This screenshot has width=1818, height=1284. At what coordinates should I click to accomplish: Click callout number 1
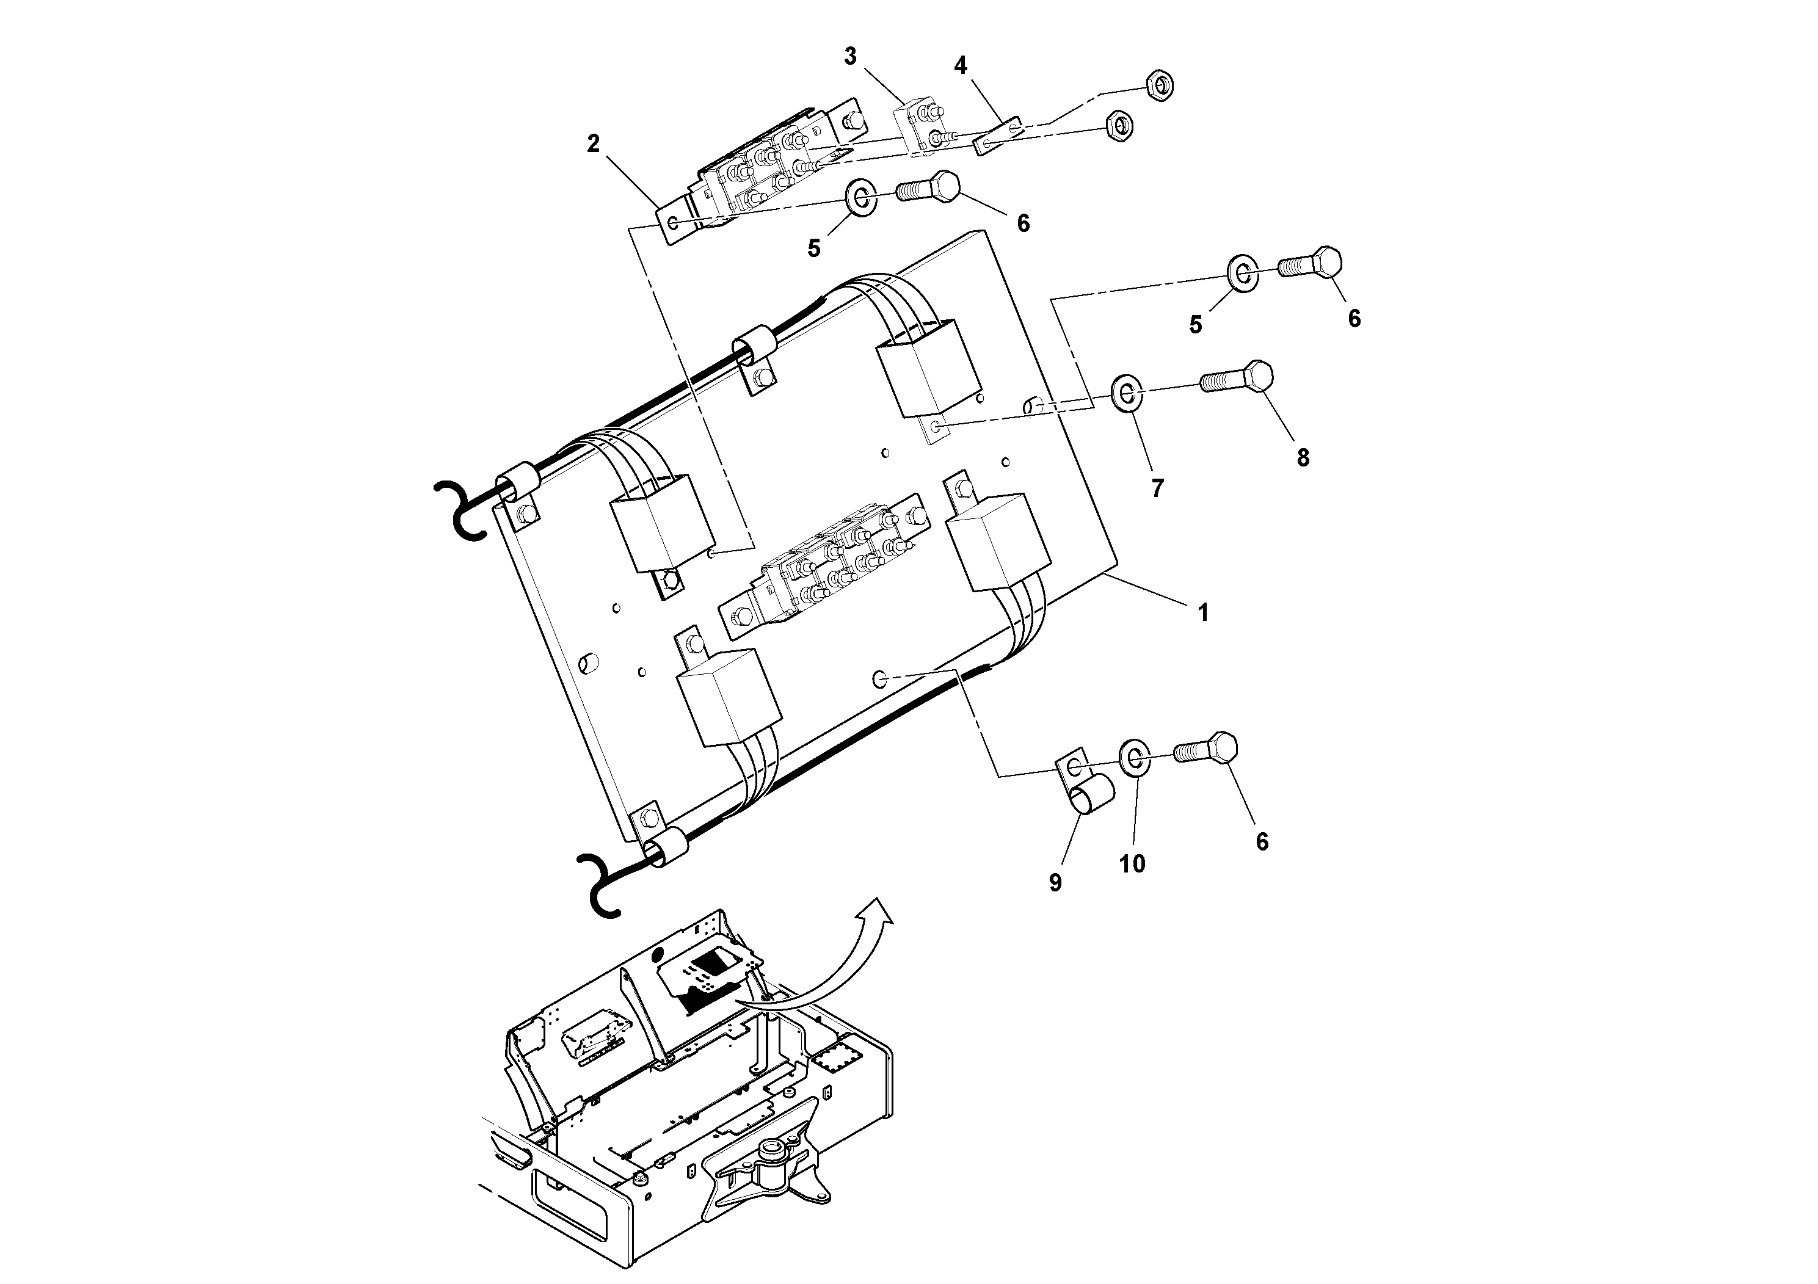[1203, 612]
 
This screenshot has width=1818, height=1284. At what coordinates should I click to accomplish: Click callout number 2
[593, 143]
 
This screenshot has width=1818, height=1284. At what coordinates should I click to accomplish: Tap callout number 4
[961, 65]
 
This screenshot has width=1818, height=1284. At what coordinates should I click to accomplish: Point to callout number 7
[1158, 488]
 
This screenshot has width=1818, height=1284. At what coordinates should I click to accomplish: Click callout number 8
[1303, 457]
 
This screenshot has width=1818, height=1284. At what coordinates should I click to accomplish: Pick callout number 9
[1055, 883]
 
